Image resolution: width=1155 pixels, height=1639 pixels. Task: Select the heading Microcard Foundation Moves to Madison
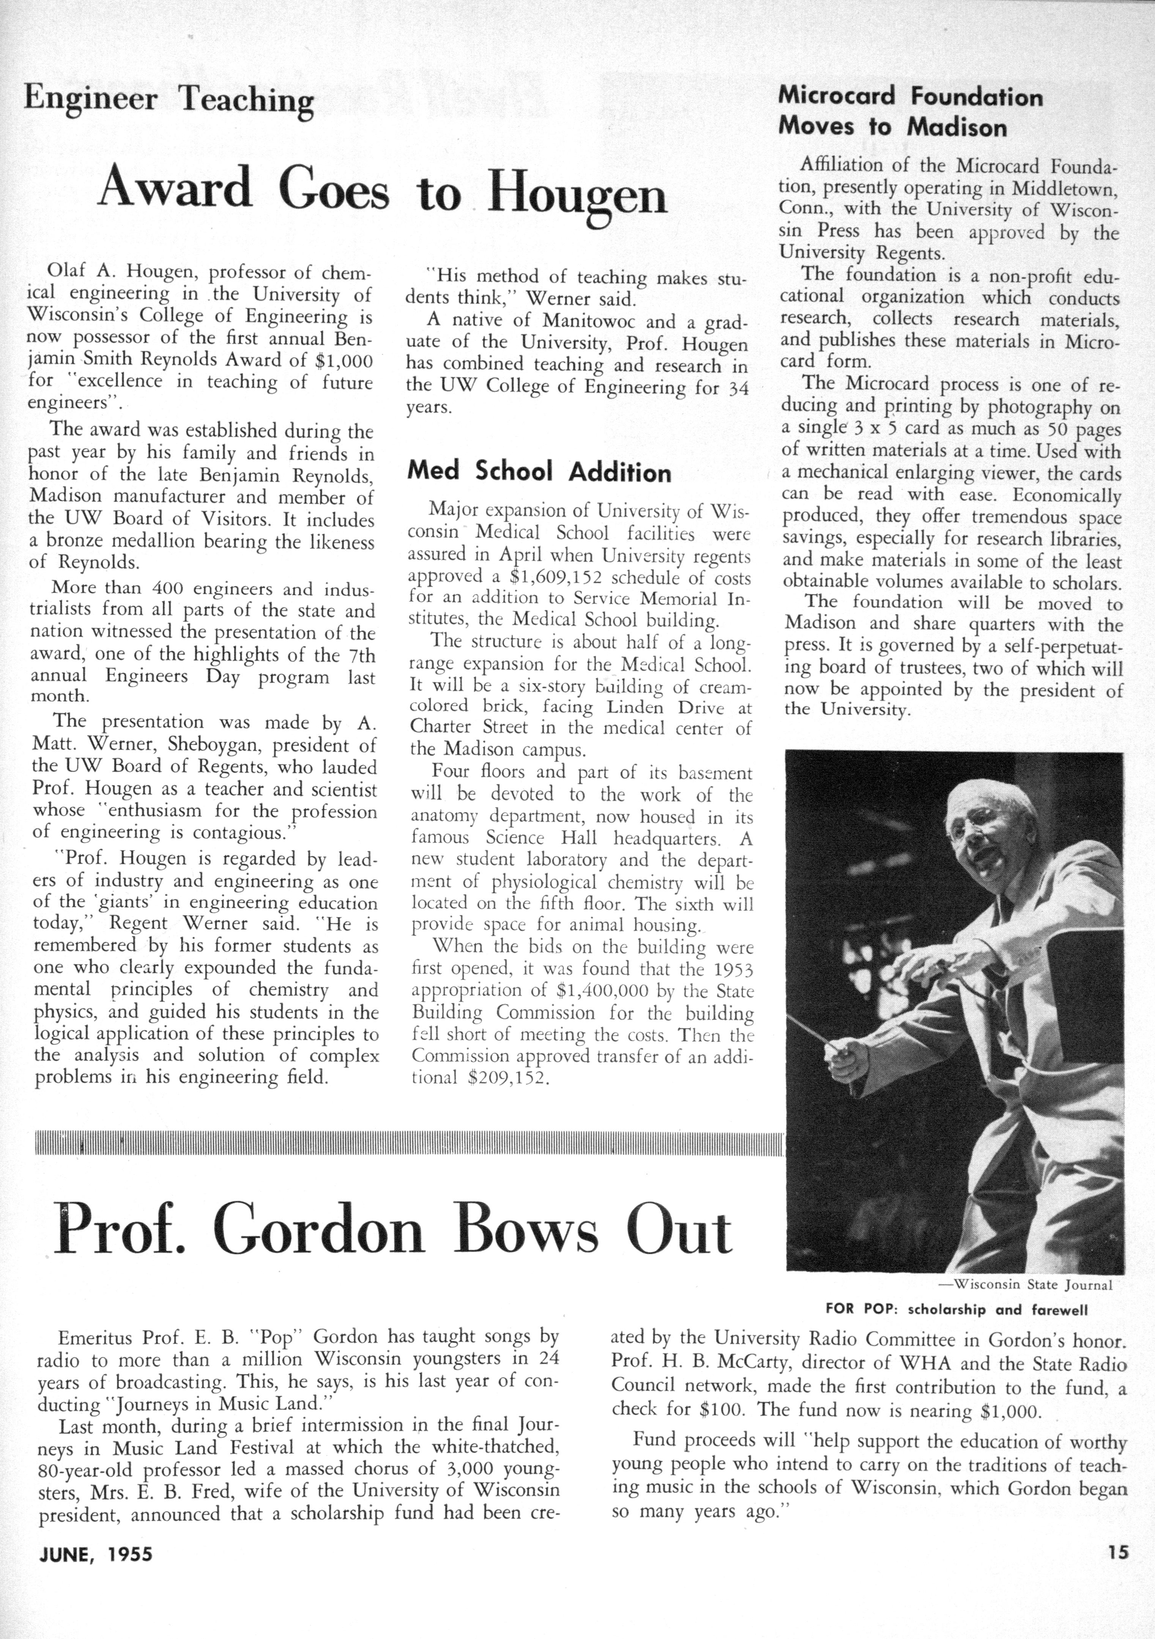[x=910, y=112]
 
